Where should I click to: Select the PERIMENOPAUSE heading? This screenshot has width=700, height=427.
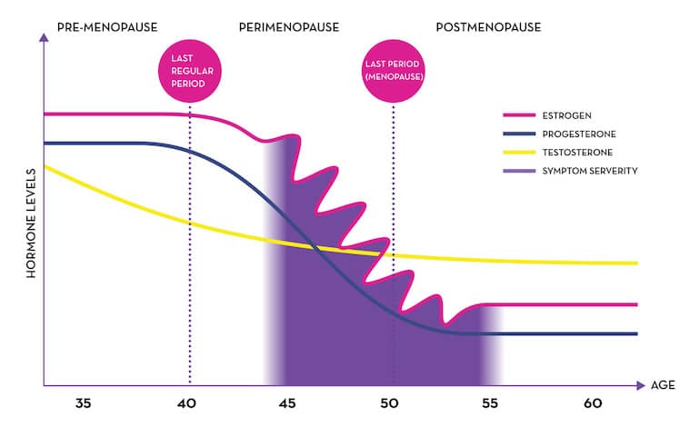pyautogui.click(x=289, y=27)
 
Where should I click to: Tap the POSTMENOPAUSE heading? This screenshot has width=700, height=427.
pyautogui.click(x=488, y=27)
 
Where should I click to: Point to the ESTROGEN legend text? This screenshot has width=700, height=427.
pyautogui.click(x=567, y=115)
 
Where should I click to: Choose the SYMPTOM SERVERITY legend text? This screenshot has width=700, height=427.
pyautogui.click(x=590, y=170)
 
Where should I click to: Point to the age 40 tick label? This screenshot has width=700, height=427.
pyautogui.click(x=186, y=403)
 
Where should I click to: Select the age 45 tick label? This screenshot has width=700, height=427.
pyautogui.click(x=288, y=403)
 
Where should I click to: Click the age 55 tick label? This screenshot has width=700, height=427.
pyautogui.click(x=489, y=403)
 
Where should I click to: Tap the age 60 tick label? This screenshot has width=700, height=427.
pyautogui.click(x=593, y=403)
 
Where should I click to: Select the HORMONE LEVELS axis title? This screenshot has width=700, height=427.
pyautogui.click(x=31, y=223)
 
